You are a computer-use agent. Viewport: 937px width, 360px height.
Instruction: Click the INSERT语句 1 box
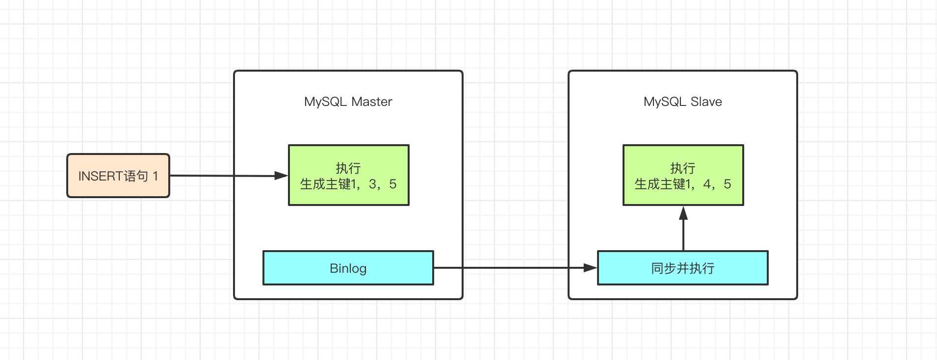[x=118, y=176]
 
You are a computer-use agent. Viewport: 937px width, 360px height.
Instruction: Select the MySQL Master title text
[x=348, y=102]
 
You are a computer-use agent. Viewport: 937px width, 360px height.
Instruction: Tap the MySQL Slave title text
[x=683, y=102]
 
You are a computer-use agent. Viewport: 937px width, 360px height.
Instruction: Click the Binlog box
[x=348, y=268]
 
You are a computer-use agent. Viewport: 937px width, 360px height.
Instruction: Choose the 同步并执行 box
[x=683, y=268]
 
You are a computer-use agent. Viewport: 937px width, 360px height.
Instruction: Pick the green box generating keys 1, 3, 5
[x=349, y=175]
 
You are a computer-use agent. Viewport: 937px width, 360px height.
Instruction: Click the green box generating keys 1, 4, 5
[x=683, y=175]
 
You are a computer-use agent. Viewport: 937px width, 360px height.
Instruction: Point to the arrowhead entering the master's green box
[x=281, y=176]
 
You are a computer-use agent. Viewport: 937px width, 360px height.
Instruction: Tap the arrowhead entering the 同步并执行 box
[x=590, y=268]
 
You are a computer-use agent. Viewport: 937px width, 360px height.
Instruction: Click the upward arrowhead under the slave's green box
[x=683, y=213]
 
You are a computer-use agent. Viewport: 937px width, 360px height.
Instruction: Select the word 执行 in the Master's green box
[x=348, y=168]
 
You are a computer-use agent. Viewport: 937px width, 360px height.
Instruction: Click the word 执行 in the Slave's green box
[x=683, y=168]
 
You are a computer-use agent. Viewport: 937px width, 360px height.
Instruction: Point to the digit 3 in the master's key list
[x=372, y=184]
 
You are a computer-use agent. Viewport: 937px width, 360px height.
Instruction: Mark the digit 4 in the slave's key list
[x=707, y=184]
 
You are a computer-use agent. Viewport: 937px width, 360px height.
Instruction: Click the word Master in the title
[x=372, y=102]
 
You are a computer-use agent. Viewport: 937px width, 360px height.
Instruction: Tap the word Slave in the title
[x=706, y=102]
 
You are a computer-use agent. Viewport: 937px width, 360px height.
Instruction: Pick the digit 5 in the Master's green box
[x=392, y=184]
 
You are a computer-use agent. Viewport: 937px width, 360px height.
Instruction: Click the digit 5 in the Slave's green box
[x=727, y=184]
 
